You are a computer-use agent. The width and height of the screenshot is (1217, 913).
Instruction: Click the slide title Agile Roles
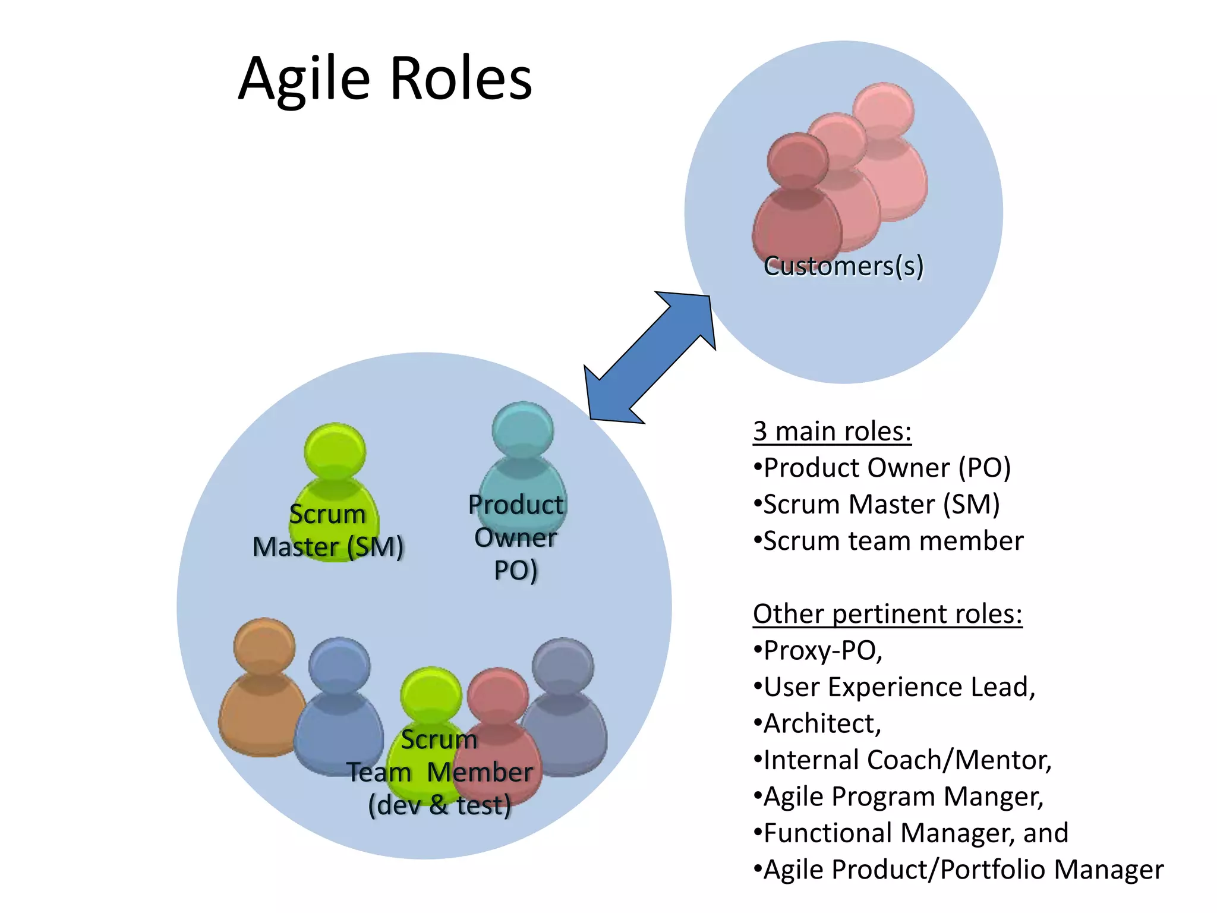(385, 78)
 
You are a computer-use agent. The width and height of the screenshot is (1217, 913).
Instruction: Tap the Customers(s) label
(843, 266)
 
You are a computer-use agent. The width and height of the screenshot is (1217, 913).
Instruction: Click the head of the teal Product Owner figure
(523, 430)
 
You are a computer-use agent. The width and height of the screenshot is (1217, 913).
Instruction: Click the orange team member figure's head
(264, 646)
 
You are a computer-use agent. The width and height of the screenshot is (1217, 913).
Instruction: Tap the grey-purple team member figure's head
(562, 666)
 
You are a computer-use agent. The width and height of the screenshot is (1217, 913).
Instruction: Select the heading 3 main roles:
(832, 431)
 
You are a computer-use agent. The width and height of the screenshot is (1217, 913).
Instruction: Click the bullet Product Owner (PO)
(886, 468)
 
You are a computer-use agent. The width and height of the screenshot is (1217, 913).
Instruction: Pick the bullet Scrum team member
(893, 541)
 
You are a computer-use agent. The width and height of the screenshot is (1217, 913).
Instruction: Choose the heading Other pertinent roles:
(887, 614)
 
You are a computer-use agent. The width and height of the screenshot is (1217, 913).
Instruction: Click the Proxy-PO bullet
(822, 651)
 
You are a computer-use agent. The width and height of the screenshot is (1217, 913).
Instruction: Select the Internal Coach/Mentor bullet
(906, 760)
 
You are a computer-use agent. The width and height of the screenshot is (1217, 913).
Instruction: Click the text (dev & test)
(439, 805)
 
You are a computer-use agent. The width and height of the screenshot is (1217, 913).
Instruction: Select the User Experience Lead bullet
(898, 687)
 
